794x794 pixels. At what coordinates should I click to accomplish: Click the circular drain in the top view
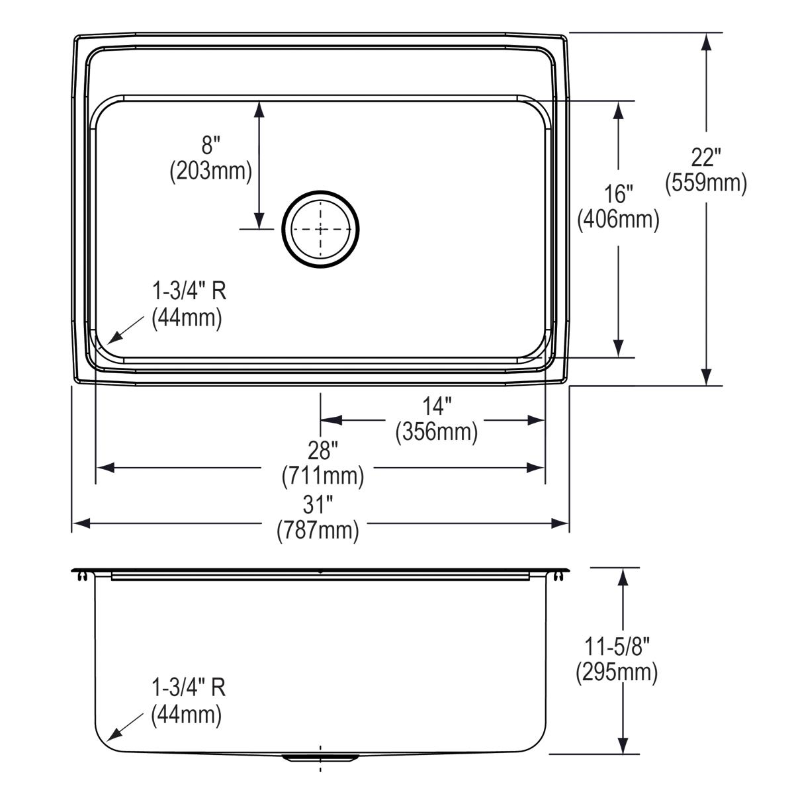[x=321, y=229]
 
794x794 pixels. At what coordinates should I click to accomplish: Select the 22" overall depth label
[x=705, y=158]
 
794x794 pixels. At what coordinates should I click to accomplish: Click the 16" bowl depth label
[x=618, y=195]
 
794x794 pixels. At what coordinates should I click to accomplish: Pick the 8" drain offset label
[x=210, y=145]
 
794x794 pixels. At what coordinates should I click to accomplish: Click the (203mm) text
[x=210, y=171]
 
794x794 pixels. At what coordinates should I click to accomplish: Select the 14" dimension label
[x=437, y=406]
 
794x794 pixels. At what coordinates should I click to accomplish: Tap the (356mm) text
[x=437, y=432]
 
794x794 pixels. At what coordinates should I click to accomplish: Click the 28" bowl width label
[x=322, y=451]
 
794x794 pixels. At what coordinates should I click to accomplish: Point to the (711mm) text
[x=322, y=476]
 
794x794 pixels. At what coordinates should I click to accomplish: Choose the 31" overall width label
[x=318, y=506]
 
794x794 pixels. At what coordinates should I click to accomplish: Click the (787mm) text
[x=318, y=530]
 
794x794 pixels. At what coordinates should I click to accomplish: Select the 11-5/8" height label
[x=617, y=646]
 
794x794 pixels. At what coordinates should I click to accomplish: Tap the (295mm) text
[x=617, y=672]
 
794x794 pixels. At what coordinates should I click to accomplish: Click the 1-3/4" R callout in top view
[x=189, y=291]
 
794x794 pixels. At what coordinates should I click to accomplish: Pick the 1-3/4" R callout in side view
[x=189, y=688]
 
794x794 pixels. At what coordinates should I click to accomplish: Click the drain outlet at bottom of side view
[x=321, y=756]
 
